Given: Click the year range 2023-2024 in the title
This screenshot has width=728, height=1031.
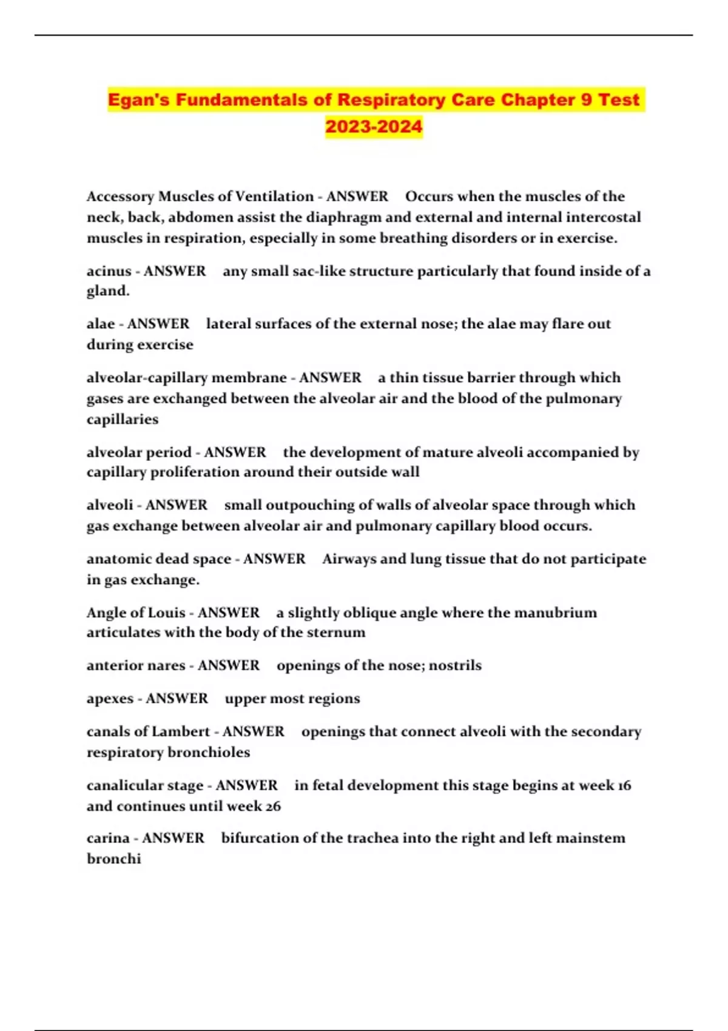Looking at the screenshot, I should (374, 127).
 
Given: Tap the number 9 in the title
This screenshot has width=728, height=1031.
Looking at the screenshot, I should (586, 99).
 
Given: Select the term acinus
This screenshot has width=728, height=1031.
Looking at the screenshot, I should (109, 271).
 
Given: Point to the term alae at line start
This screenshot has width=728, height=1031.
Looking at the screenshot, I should (101, 324).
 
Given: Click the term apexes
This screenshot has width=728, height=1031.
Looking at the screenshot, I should (109, 699).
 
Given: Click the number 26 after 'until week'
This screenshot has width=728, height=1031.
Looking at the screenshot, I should (273, 806).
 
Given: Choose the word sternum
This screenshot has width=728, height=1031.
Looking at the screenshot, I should (340, 633).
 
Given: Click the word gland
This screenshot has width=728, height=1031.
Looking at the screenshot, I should (107, 291).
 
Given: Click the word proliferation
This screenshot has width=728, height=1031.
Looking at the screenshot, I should (192, 472).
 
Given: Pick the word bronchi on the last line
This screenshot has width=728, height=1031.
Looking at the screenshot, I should (113, 859).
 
